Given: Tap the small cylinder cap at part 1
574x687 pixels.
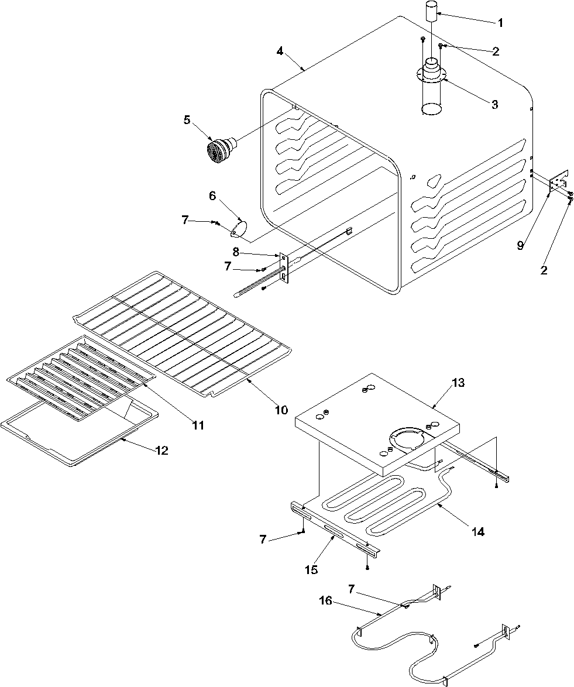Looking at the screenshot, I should click(432, 12).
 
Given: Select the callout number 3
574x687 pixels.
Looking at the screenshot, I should click(494, 104).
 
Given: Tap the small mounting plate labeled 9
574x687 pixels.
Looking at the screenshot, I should click(558, 183).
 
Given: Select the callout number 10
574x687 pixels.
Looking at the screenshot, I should click(281, 410).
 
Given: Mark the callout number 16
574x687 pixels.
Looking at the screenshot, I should click(326, 600).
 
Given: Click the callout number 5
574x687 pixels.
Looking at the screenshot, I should click(187, 120).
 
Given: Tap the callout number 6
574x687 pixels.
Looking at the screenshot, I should click(212, 196).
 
